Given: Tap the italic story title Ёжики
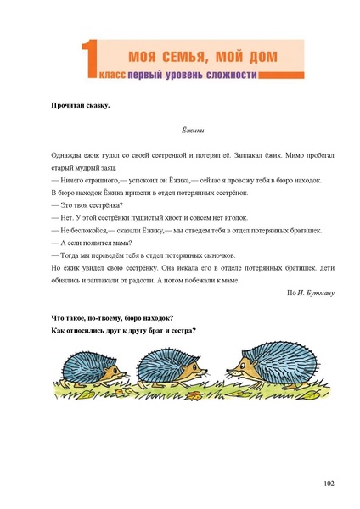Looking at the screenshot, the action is pos(194,131).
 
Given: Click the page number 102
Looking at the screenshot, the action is pos(329,483).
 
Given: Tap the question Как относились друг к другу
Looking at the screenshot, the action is pos(123,330).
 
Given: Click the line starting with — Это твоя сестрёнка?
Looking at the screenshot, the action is pos(87,205).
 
